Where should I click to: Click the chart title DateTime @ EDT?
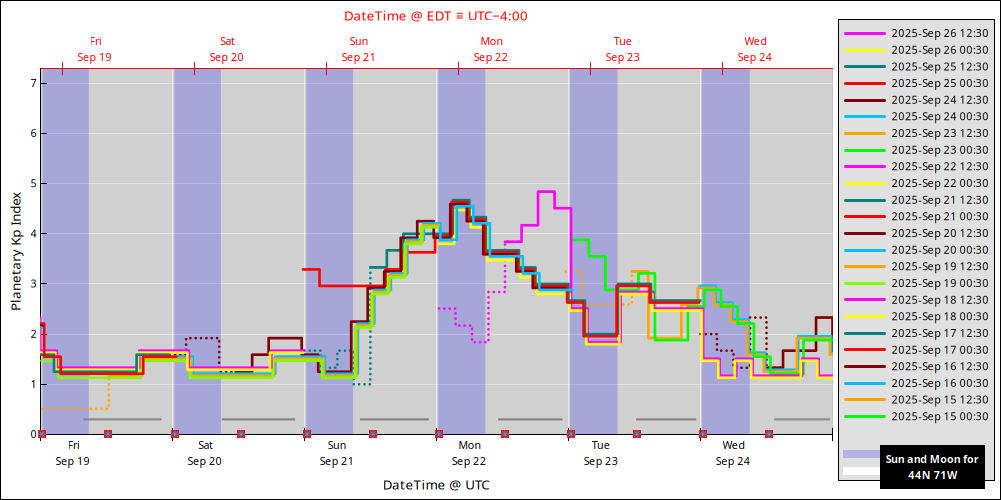coord(435,16)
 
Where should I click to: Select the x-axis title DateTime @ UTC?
coord(436,485)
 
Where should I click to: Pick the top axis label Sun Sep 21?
coord(358,49)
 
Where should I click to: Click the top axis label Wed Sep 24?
coord(755,49)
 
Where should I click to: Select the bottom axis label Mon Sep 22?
coord(469,453)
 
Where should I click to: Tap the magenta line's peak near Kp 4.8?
coord(546,191)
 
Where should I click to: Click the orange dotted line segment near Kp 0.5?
coord(75,408)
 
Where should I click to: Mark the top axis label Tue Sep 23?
coord(623,49)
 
